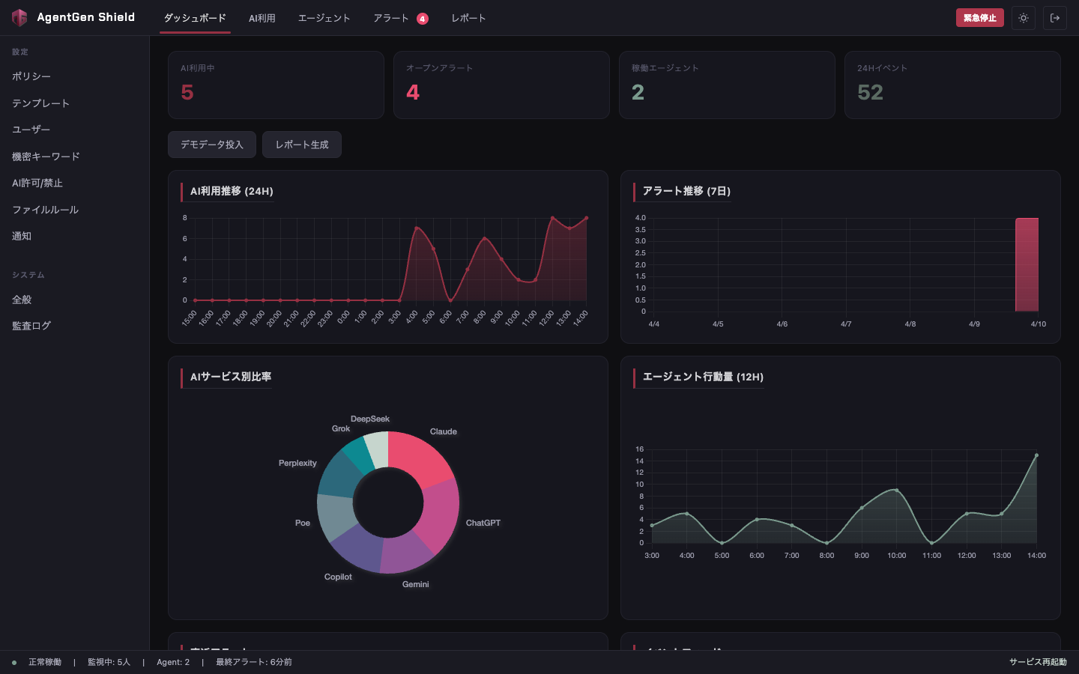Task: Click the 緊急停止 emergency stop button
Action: click(x=979, y=18)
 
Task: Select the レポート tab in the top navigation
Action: click(x=468, y=18)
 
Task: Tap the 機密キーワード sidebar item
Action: click(x=46, y=157)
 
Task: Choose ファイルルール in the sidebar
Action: click(x=45, y=210)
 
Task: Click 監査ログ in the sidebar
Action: click(x=31, y=326)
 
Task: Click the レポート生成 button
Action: click(x=301, y=145)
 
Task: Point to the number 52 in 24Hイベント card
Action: click(x=870, y=92)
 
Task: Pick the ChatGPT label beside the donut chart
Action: click(x=483, y=523)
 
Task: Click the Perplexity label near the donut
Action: click(x=297, y=463)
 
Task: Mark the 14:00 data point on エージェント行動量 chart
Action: click(x=1036, y=455)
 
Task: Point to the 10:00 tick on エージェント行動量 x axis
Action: click(x=896, y=556)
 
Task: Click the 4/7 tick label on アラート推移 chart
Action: click(x=846, y=324)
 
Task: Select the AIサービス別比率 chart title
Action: click(x=231, y=377)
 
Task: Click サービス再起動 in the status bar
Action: click(x=1037, y=662)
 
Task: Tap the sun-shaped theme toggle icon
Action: click(x=1023, y=18)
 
